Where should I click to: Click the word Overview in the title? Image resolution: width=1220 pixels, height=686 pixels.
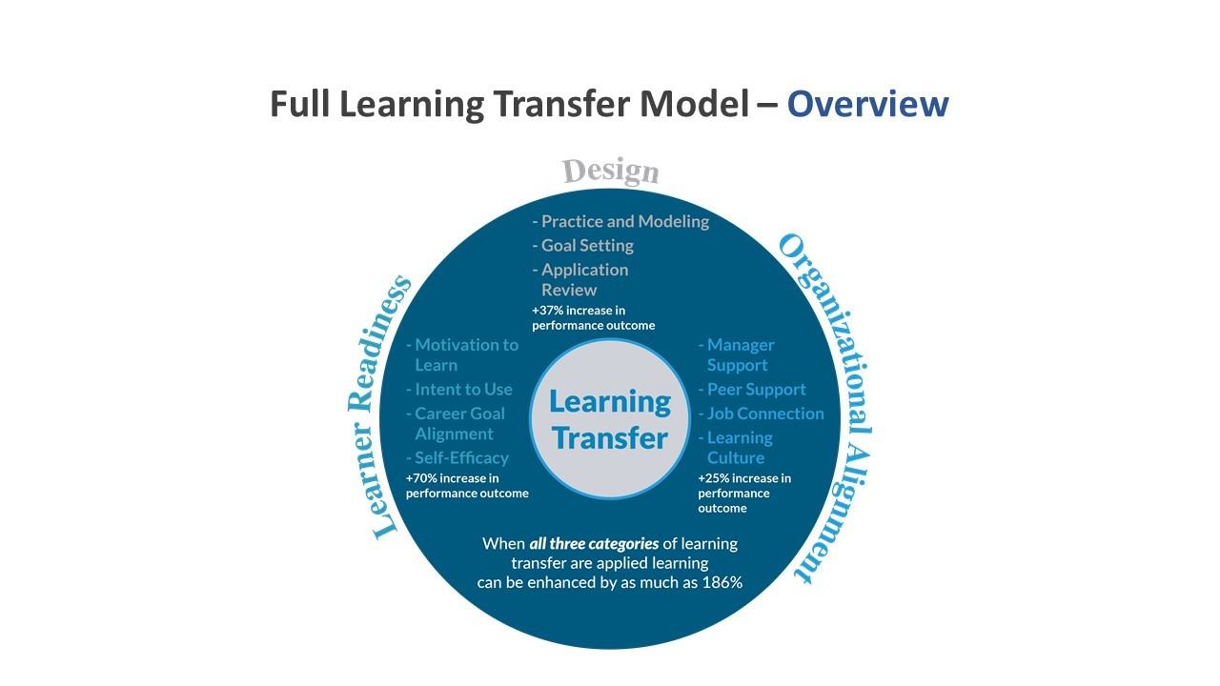867,104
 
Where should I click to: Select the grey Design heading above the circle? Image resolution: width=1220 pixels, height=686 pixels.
611,171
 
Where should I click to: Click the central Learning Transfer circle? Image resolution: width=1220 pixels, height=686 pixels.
610,419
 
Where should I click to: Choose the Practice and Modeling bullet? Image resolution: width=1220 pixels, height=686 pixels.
620,222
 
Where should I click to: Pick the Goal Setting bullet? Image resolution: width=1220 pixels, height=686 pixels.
582,246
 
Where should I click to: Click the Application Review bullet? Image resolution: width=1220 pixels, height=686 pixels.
580,280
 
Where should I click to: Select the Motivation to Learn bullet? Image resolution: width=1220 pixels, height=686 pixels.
462,355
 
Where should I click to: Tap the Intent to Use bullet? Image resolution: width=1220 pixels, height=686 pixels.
459,390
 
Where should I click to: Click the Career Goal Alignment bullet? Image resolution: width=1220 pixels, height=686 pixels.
456,424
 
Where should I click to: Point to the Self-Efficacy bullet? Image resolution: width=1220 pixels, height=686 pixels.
457,458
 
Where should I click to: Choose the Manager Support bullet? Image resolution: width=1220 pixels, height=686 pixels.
737,355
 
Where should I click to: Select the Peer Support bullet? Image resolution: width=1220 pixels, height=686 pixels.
752,390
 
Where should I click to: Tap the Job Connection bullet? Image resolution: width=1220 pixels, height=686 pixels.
762,414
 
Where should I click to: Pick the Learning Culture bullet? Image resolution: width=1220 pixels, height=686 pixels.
735,448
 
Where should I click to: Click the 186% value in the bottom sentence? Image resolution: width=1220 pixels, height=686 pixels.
722,582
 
